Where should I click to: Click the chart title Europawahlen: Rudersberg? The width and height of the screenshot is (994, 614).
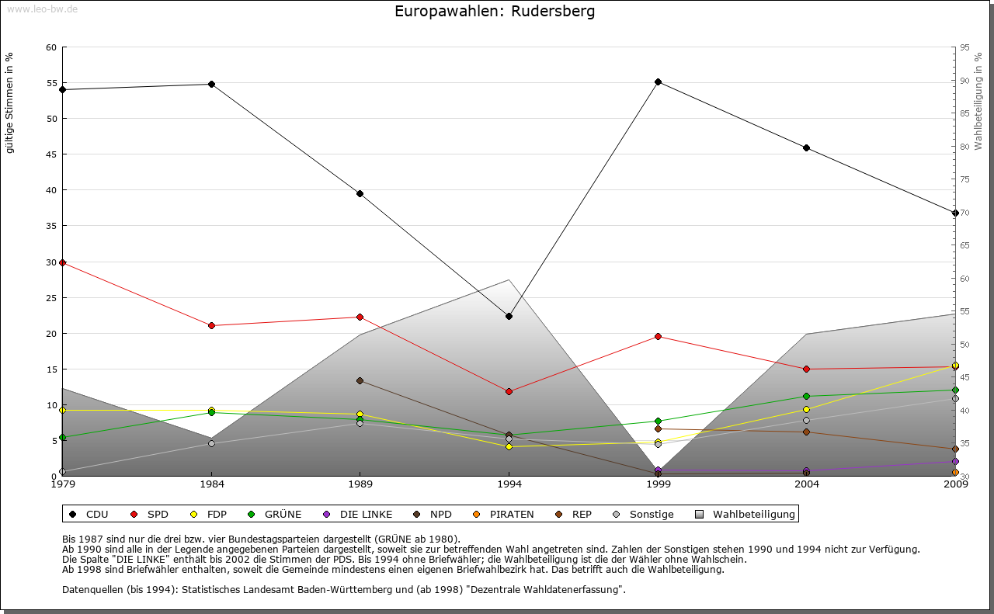point(495,12)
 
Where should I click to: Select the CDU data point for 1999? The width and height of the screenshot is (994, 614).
point(658,82)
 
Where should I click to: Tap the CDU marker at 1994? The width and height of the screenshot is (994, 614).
point(509,317)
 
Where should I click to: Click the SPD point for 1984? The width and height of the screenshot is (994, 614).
point(211,325)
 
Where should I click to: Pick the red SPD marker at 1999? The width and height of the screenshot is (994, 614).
point(658,336)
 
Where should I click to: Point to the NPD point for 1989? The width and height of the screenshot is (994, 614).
point(360,381)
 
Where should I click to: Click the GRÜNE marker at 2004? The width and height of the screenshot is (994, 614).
point(807,396)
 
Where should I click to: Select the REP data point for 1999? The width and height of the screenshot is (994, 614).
point(658,428)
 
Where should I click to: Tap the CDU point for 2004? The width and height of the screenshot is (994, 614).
point(807,147)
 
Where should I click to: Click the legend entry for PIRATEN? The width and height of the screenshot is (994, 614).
point(504,514)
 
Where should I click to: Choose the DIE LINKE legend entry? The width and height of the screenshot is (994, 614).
point(358,514)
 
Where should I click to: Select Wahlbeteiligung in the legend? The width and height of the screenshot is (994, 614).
point(746,514)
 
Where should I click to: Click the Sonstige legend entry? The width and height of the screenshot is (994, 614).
point(644,514)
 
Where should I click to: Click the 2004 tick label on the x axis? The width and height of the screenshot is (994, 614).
point(808,485)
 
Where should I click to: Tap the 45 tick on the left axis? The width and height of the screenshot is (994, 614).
point(52,154)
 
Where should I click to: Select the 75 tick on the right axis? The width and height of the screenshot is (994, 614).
point(964,179)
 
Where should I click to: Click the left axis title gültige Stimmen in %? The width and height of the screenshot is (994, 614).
point(10,102)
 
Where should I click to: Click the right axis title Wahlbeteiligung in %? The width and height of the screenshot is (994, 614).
point(978,102)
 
